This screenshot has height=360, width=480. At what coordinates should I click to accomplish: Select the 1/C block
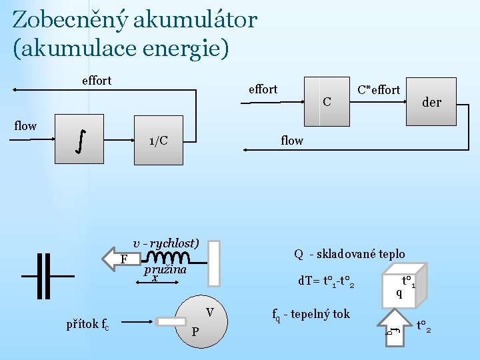click(159, 141)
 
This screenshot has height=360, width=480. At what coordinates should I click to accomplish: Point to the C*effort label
click(379, 89)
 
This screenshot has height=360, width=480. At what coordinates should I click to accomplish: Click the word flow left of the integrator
click(25, 125)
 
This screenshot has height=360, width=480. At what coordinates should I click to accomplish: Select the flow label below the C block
click(292, 140)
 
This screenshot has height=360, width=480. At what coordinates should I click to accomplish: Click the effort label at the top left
click(96, 81)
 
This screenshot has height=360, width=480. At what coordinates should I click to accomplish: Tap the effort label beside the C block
click(263, 89)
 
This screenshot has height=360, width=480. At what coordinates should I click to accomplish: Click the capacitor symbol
click(47, 275)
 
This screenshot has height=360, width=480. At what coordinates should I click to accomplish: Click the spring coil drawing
click(167, 257)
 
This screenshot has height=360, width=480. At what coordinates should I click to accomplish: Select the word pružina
click(165, 270)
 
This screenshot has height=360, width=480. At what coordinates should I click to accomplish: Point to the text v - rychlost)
click(166, 243)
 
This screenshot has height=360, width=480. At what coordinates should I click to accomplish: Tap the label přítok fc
click(88, 325)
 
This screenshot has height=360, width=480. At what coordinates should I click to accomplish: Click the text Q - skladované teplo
click(349, 253)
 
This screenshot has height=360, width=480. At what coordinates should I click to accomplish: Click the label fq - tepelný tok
click(311, 314)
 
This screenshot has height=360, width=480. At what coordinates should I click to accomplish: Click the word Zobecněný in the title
click(69, 19)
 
